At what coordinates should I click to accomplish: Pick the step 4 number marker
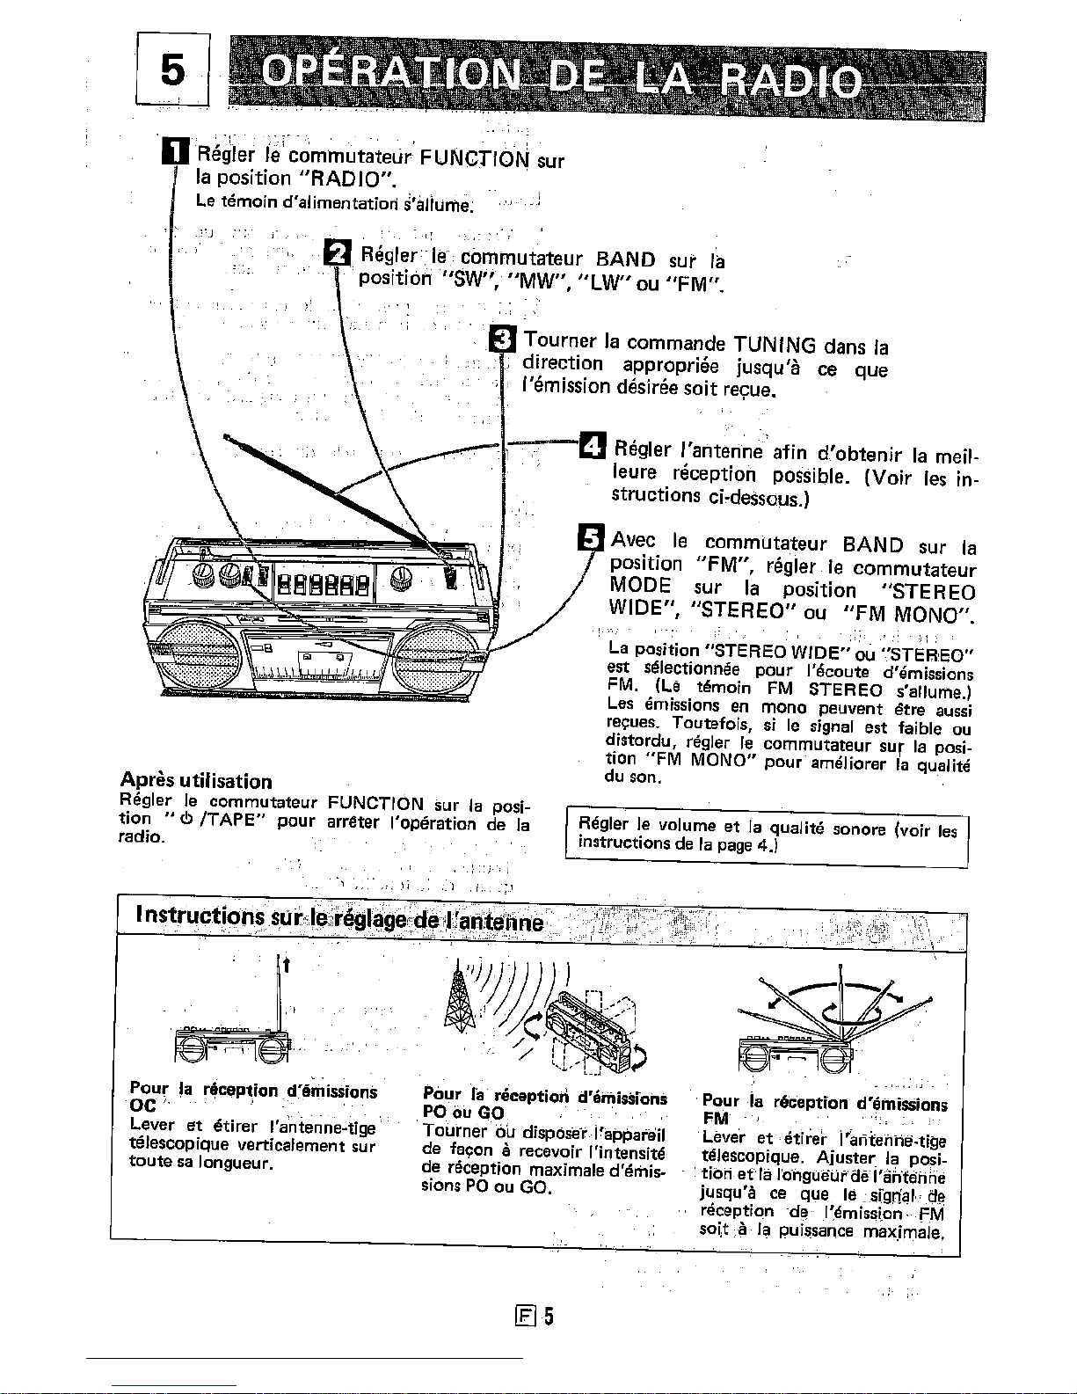(x=591, y=448)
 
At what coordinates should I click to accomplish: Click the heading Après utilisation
(x=196, y=781)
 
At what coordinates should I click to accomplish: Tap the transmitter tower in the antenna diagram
(x=455, y=1000)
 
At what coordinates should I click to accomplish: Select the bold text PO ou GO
(x=462, y=1112)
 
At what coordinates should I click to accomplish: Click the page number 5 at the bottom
(x=548, y=1316)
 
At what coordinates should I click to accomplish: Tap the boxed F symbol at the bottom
(x=528, y=1317)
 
